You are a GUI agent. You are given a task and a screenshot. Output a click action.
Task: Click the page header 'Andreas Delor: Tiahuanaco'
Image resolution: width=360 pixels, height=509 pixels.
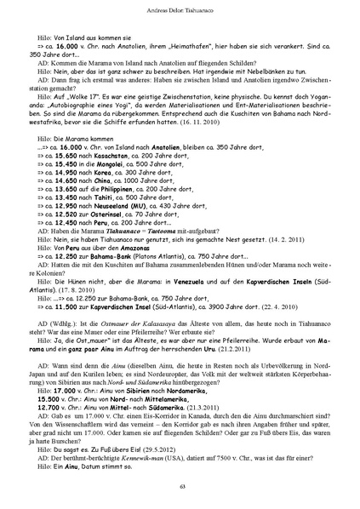180,9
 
